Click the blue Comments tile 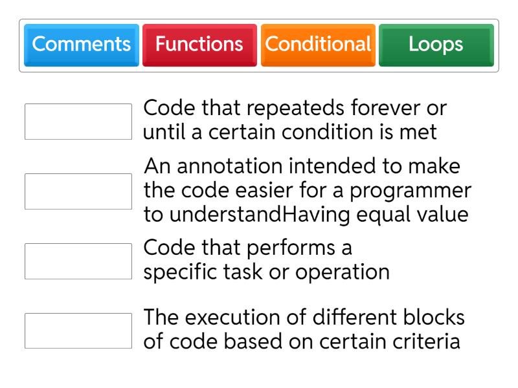tap(82, 45)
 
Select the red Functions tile tap(199, 45)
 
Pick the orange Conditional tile tap(318, 45)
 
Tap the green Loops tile tap(436, 45)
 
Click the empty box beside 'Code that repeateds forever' tap(78, 122)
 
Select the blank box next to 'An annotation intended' tap(78, 191)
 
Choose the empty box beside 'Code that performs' tap(78, 261)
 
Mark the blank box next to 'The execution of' tap(78, 330)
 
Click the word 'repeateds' tap(295, 109)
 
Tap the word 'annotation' tap(230, 166)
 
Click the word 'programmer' tap(411, 191)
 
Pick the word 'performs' tap(291, 248)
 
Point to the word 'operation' tap(343, 273)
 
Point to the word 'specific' tap(181, 272)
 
